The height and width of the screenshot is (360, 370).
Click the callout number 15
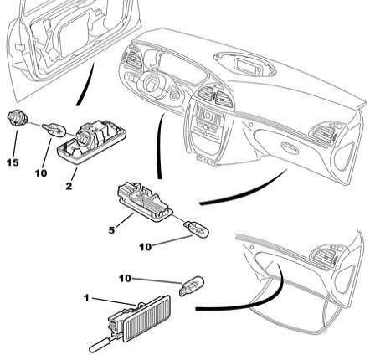(13, 162)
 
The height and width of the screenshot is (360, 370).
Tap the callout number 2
(69, 186)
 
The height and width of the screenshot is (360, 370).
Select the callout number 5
(111, 230)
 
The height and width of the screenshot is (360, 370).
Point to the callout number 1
(86, 298)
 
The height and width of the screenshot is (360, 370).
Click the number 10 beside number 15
(41, 173)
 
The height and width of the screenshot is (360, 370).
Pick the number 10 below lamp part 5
(146, 247)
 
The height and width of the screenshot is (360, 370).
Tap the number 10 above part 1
(125, 278)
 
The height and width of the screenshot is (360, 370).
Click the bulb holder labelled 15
(18, 118)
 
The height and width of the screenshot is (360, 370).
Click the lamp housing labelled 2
(91, 141)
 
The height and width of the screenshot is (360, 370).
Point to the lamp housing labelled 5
(145, 202)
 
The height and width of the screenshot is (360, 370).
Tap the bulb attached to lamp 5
(196, 229)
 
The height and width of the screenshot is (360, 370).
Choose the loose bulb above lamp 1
(192, 285)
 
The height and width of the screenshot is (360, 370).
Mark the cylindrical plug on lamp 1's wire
(100, 345)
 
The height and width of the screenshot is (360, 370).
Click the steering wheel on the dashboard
(153, 85)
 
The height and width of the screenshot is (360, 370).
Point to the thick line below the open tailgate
(85, 84)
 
